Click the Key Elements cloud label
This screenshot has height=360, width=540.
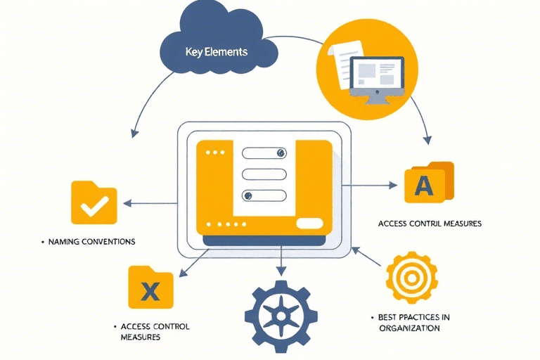click(x=216, y=52)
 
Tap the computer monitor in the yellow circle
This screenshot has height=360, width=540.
click(x=377, y=75)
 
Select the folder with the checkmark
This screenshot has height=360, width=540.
click(x=94, y=203)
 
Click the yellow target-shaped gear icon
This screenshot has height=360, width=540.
click(x=411, y=278)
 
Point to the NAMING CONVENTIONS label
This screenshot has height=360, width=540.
click(x=91, y=241)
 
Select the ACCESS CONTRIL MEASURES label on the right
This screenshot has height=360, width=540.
click(x=430, y=223)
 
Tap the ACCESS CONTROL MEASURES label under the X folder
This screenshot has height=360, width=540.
click(x=155, y=331)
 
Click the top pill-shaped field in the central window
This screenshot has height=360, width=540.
click(x=264, y=153)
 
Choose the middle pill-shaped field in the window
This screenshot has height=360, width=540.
click(x=264, y=174)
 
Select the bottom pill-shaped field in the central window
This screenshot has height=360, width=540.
click(x=264, y=196)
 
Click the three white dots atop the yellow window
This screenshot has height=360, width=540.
click(x=212, y=152)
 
